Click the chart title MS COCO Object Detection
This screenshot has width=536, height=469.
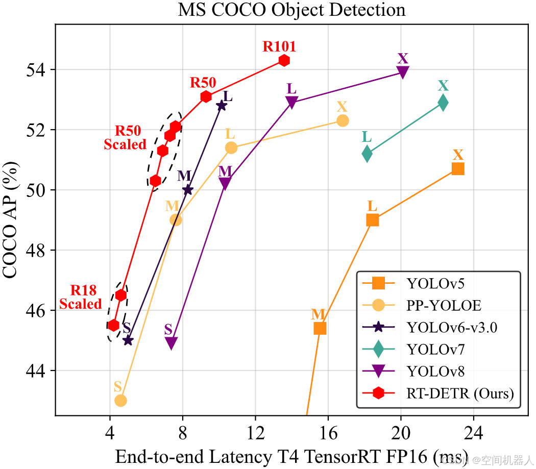tap(291, 10)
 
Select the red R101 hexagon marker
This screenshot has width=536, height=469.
tap(284, 60)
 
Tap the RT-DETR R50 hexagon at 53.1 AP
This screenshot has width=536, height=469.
tap(206, 96)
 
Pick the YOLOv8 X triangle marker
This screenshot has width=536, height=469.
tap(403, 72)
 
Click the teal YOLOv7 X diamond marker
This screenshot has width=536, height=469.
tap(443, 103)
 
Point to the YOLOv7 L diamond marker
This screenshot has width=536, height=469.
tap(367, 154)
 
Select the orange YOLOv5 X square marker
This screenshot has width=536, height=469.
tap(458, 169)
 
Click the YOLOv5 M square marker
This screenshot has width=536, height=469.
tap(320, 328)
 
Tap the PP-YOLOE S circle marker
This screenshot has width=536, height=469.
tap(120, 401)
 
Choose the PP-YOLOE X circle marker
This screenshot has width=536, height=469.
tap(343, 120)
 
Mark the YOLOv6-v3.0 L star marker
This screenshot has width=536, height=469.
tap(221, 106)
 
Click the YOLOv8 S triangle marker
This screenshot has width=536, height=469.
tap(172, 343)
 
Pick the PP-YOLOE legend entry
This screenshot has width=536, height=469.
tap(444, 305)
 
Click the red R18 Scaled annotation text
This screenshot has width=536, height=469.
tap(81, 298)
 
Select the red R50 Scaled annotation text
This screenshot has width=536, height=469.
tap(126, 138)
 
